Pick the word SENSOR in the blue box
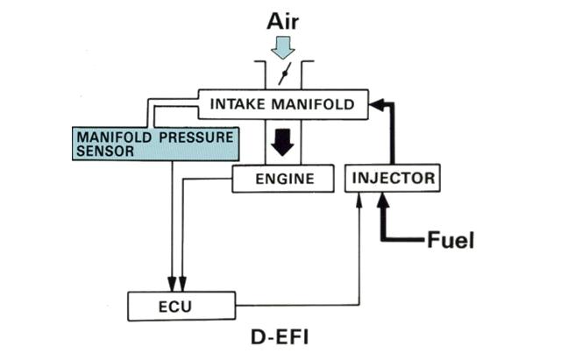click(x=105, y=152)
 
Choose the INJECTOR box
click(x=393, y=178)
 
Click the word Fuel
click(x=450, y=240)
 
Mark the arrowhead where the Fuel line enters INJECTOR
click(x=381, y=201)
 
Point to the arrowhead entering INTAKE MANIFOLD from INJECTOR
click(x=375, y=105)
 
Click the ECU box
click(x=181, y=306)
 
